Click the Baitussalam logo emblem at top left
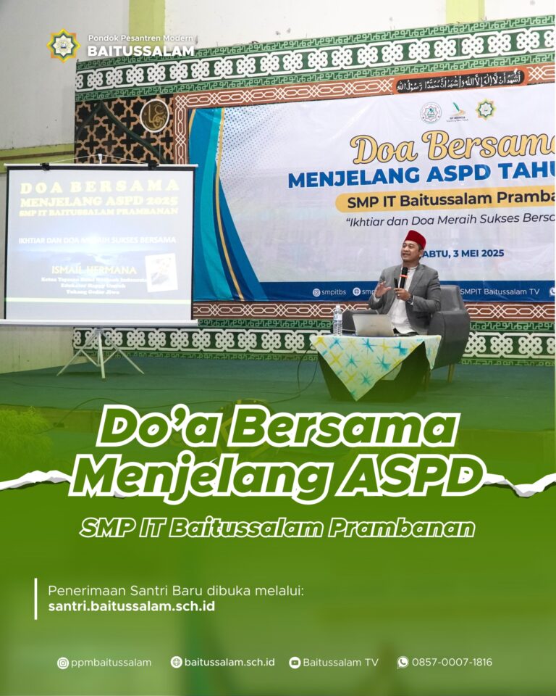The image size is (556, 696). point(64,45)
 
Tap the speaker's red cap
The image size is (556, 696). point(415,239)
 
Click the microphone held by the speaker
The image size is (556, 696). point(403,275)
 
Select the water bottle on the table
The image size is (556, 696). point(337,319)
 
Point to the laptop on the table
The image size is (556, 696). point(372,325)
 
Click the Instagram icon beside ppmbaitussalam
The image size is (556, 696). point(63,662)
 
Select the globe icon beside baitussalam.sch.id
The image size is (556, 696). point(176,662)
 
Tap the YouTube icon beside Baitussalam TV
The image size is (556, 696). point(295,662)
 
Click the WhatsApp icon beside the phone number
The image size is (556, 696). point(403,662)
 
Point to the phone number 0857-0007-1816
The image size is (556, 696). point(452,662)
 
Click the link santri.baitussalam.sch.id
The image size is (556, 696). point(131,606)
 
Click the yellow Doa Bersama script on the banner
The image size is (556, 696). point(442,148)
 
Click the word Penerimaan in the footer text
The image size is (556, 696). point(81,589)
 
